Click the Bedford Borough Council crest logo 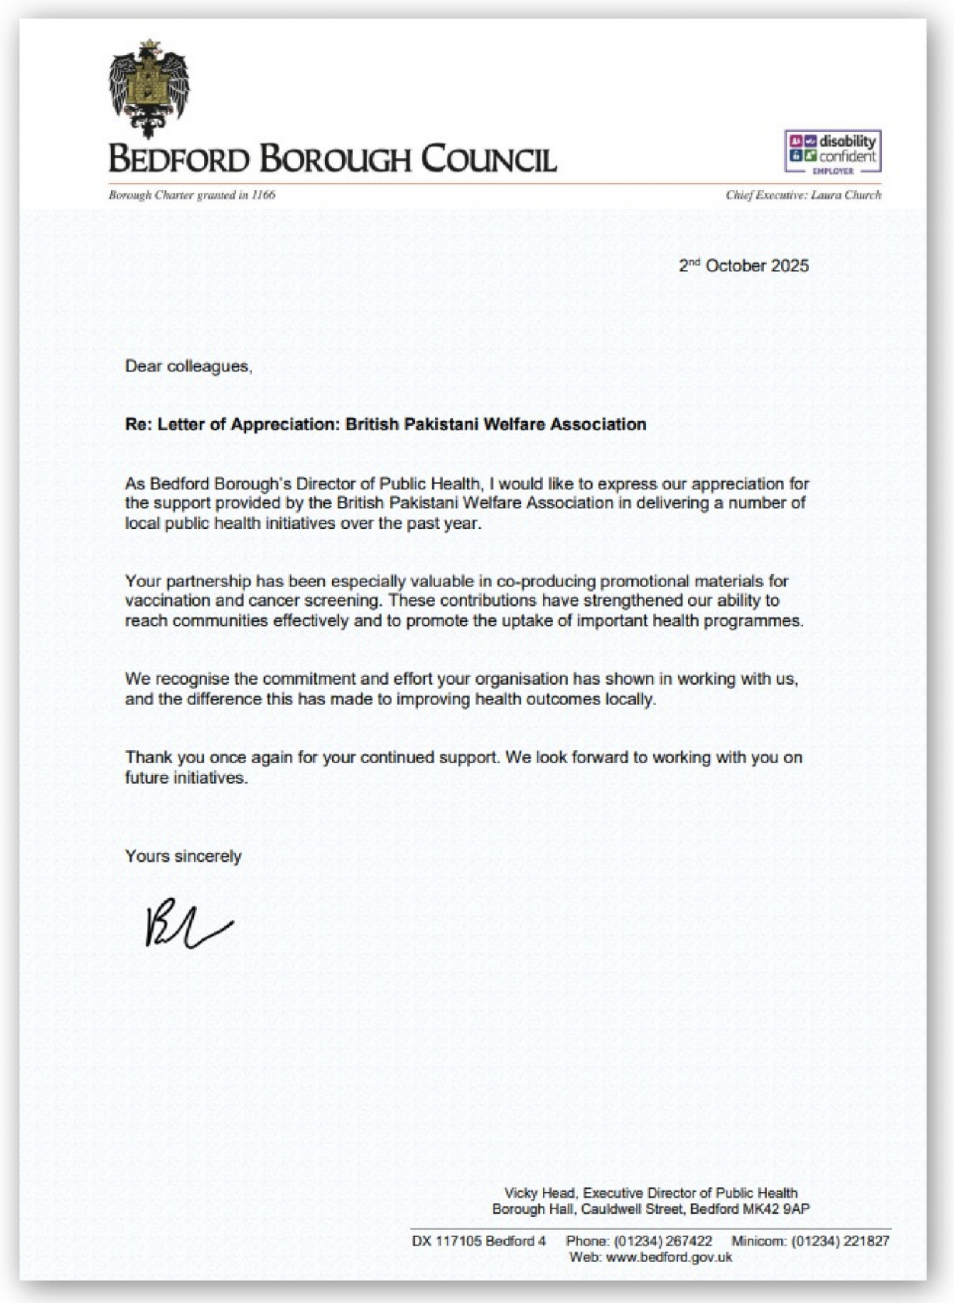tap(149, 88)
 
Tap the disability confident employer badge tap(832, 151)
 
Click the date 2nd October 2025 tap(743, 266)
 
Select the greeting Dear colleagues tap(188, 366)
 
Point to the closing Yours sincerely tap(183, 856)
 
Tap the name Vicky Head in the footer tap(539, 1193)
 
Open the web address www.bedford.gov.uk tap(669, 1257)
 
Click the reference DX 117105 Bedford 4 tap(479, 1241)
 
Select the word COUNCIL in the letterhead tap(489, 159)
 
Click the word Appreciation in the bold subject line tap(283, 424)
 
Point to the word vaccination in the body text tap(168, 600)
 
